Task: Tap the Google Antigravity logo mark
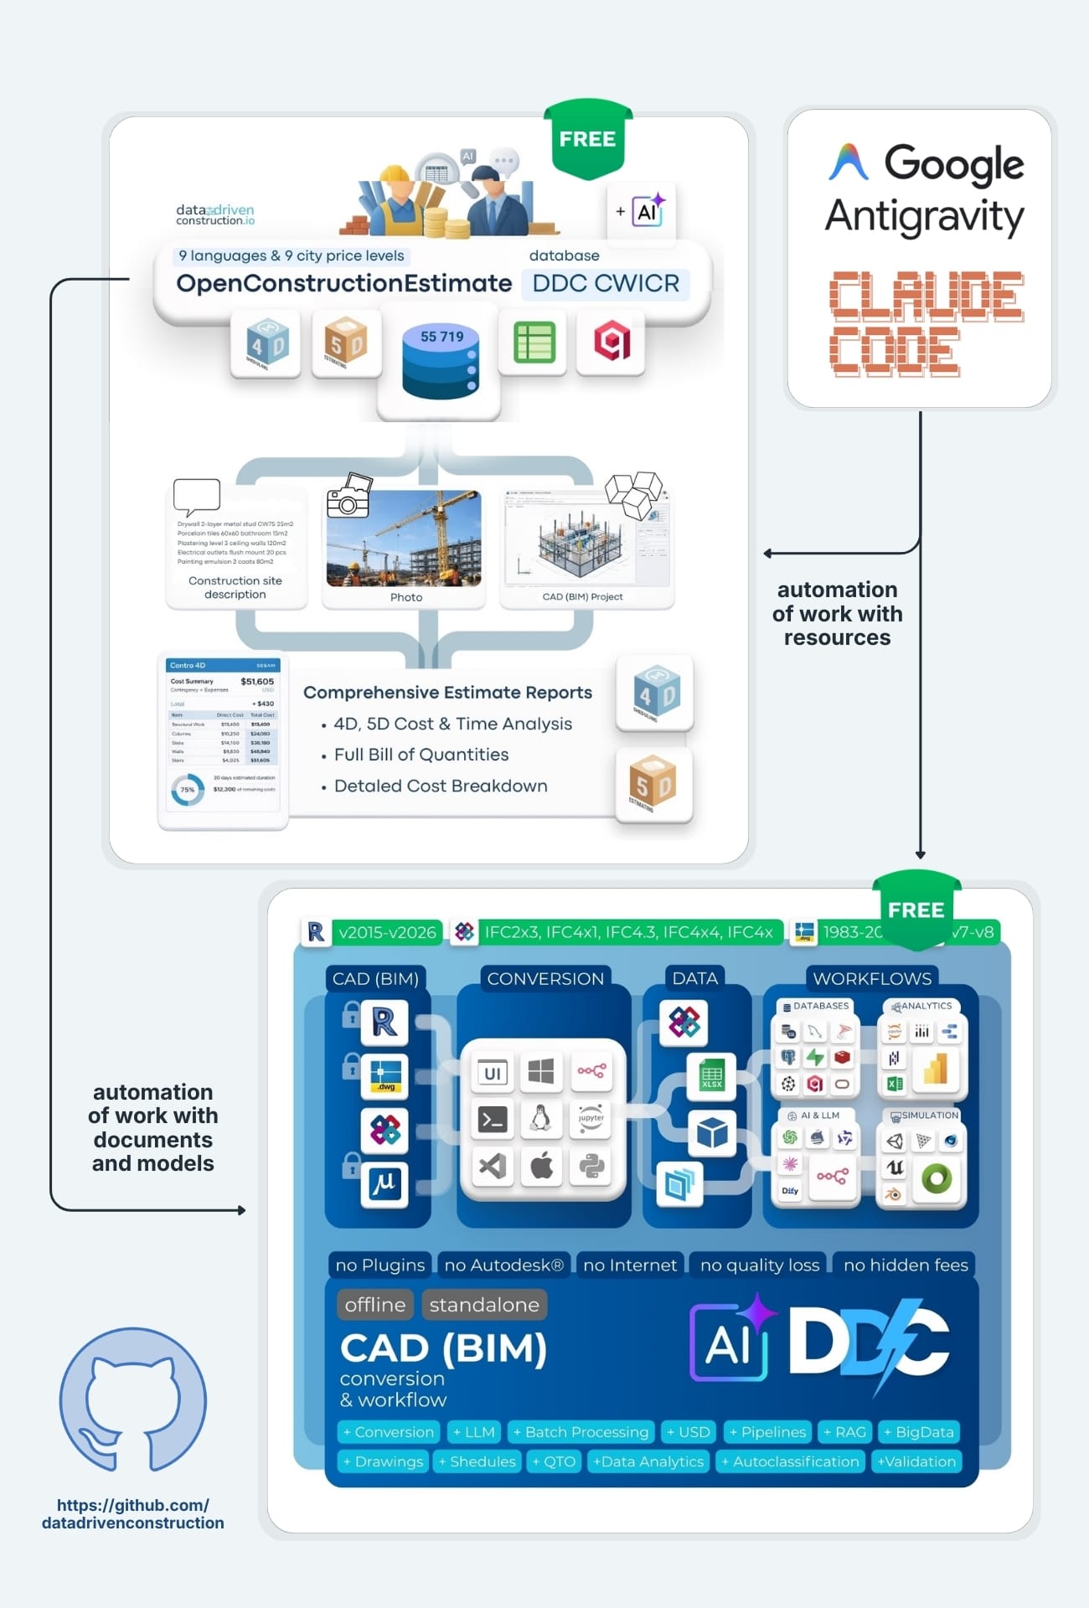point(849,162)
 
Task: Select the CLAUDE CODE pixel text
point(926,323)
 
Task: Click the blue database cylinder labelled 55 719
point(440,363)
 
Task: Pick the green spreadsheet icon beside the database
point(534,342)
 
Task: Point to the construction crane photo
point(405,538)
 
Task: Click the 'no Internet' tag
point(630,1265)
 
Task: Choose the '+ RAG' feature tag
point(845,1432)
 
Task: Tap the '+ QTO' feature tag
point(555,1461)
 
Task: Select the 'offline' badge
point(375,1305)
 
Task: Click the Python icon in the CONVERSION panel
point(591,1166)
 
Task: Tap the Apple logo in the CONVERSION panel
point(542,1166)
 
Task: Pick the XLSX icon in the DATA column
point(711,1075)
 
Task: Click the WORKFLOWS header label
point(872,978)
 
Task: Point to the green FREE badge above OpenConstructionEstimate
point(587,139)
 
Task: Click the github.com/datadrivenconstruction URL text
point(133,1514)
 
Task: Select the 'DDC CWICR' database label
point(606,284)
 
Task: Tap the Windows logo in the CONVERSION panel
point(541,1071)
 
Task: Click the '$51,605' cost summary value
point(257,682)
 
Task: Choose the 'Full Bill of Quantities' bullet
point(421,755)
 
